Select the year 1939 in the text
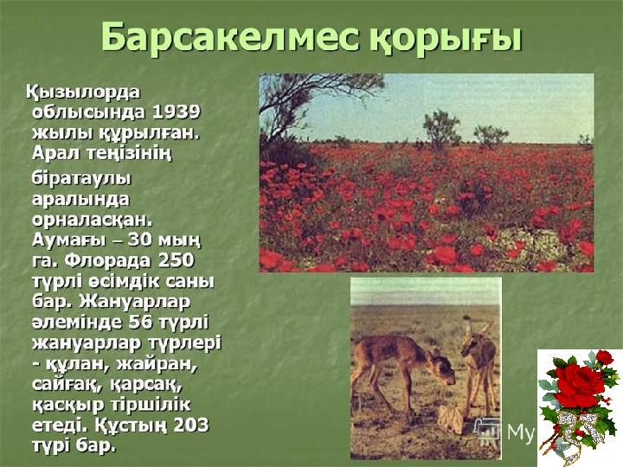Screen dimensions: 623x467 [176, 112]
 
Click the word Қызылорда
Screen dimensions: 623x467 [84, 93]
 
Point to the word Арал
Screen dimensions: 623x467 [56, 153]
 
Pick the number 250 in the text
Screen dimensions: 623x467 [176, 261]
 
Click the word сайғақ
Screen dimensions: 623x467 [67, 385]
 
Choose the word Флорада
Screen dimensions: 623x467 [108, 261]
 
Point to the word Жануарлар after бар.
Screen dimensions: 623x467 [135, 303]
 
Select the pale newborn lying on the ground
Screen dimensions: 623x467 [452, 419]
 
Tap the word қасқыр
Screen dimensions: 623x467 [67, 406]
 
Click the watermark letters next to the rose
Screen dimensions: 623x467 [521, 432]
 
